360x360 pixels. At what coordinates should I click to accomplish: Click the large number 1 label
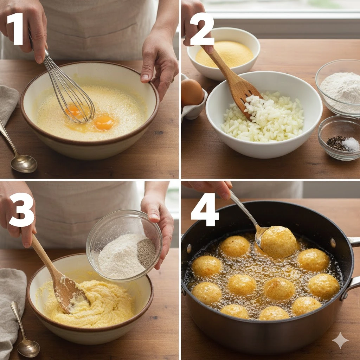[15, 29]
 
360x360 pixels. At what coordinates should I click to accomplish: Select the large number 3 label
[21, 210]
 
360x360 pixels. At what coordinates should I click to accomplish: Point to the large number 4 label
[205, 210]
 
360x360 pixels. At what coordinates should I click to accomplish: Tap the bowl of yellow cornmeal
[223, 53]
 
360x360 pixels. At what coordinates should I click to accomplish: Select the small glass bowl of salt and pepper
[339, 137]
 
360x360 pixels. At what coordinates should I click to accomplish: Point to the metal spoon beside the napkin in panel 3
[24, 330]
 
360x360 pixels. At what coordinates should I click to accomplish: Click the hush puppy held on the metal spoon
[278, 242]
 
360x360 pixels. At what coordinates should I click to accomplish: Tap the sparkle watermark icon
[340, 340]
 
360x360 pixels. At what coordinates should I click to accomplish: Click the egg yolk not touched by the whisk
[104, 123]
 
